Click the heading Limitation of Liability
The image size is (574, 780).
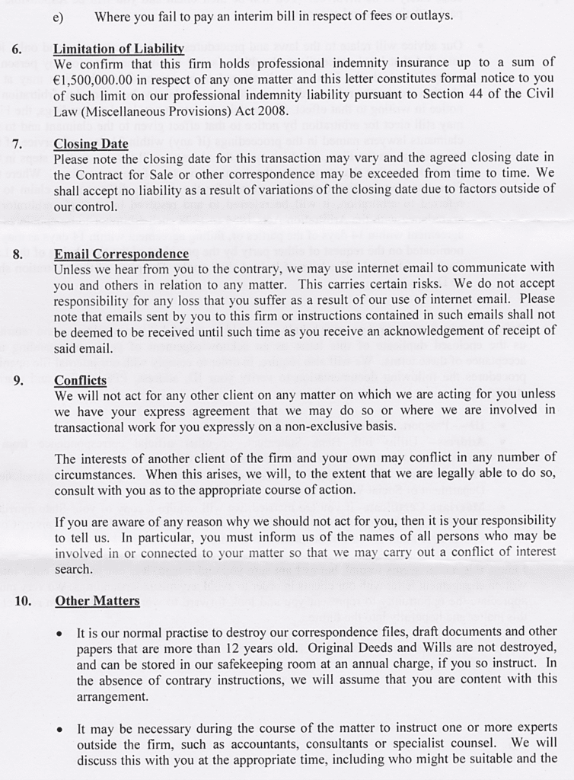point(119,49)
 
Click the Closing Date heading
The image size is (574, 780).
point(91,144)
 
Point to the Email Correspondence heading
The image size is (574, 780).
point(121,254)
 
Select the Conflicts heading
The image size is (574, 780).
point(80,380)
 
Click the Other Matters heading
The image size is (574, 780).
point(97,601)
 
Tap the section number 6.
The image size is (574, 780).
point(18,49)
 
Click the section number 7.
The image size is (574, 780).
point(18,144)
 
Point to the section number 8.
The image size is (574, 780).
point(18,254)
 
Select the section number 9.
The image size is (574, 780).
point(18,381)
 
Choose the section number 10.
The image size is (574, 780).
point(22,601)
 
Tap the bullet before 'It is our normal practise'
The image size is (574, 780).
point(60,634)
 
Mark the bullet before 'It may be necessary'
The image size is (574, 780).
point(60,729)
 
